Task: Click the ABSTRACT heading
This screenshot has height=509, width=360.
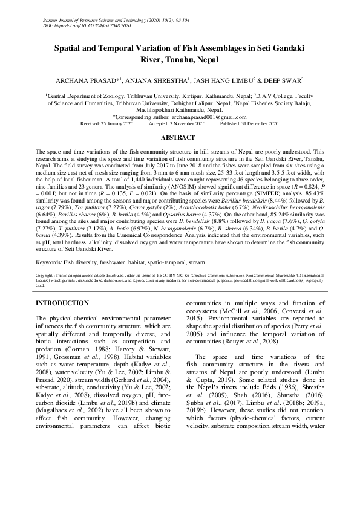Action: [180, 138]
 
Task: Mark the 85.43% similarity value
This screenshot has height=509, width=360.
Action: [313, 196]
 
